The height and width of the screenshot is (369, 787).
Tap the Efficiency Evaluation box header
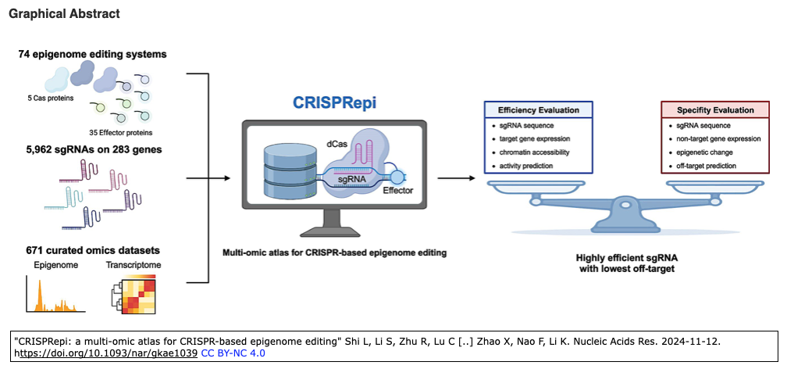point(538,110)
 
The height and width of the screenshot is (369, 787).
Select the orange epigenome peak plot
point(50,296)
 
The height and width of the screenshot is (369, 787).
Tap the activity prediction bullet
point(531,166)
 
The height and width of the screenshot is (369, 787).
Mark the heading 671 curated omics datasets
point(89,251)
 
